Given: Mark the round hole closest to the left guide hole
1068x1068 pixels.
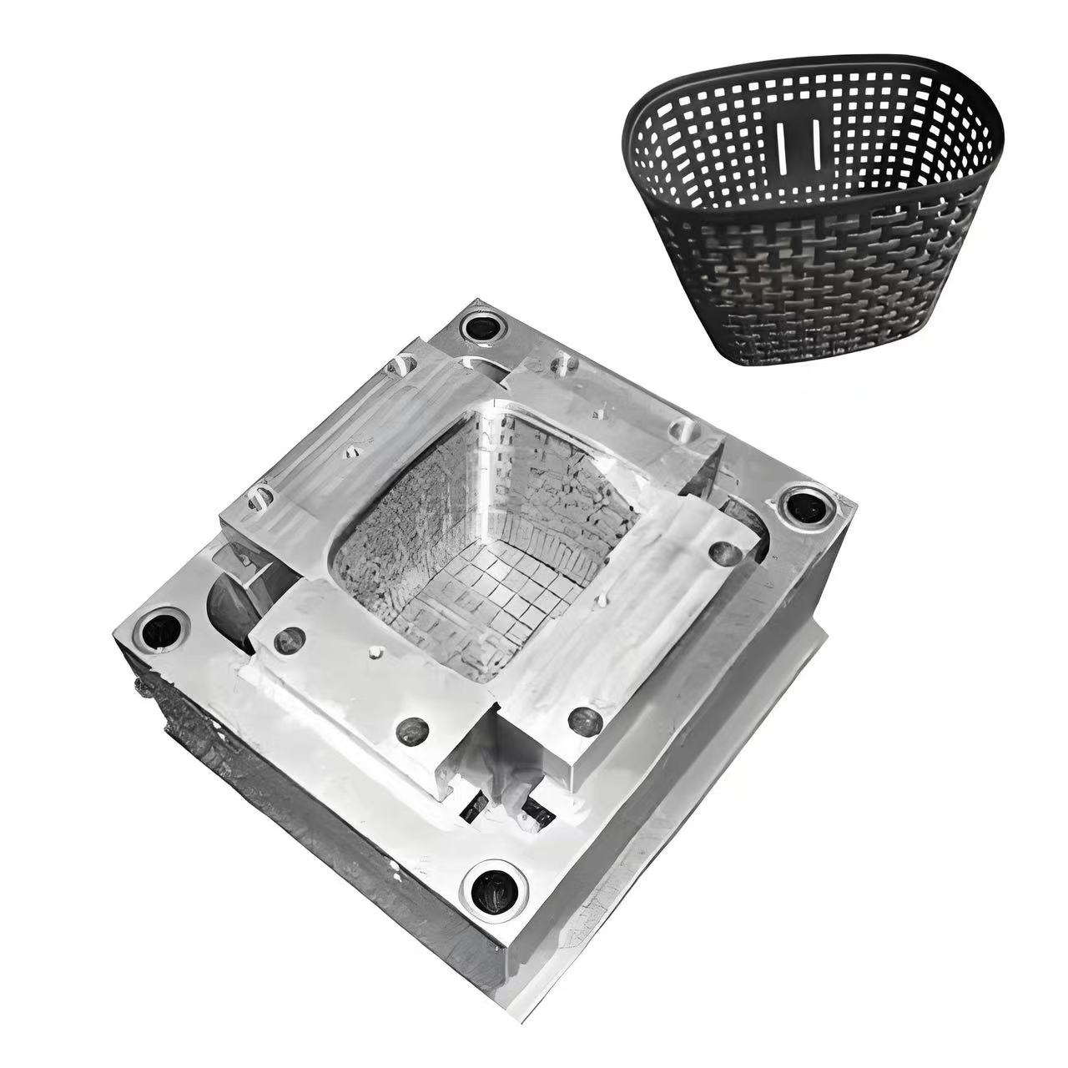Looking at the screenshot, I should click(289, 639).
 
